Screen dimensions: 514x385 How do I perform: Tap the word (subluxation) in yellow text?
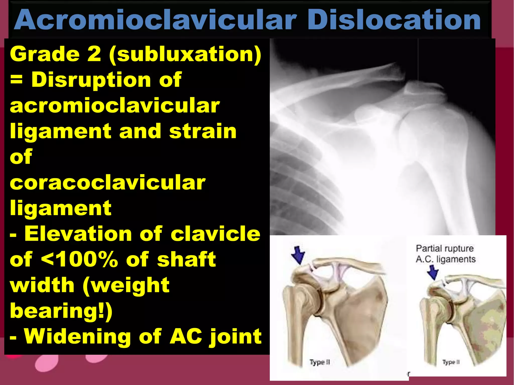[x=185, y=55]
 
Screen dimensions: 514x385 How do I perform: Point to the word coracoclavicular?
[x=107, y=182]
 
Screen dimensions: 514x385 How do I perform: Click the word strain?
[x=203, y=131]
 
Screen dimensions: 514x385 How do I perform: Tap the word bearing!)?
[x=61, y=311]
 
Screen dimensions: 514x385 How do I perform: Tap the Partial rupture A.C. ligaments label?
[x=445, y=254]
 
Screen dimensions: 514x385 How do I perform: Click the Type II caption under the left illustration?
[x=319, y=362]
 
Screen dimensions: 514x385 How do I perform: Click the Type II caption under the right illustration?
[x=451, y=362]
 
